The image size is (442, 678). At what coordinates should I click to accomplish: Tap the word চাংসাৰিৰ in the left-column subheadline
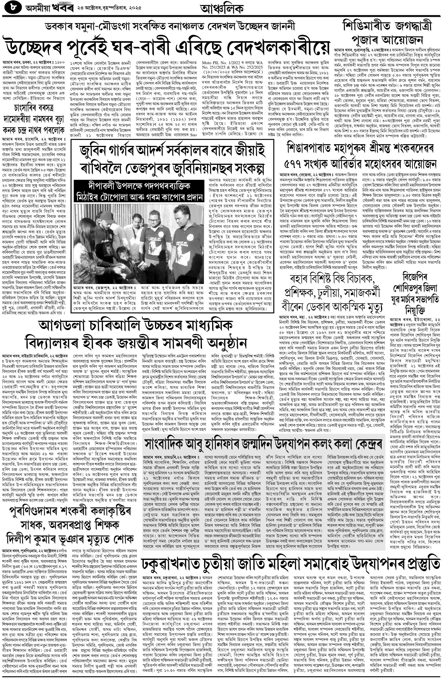pyautogui.click(x=27, y=108)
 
